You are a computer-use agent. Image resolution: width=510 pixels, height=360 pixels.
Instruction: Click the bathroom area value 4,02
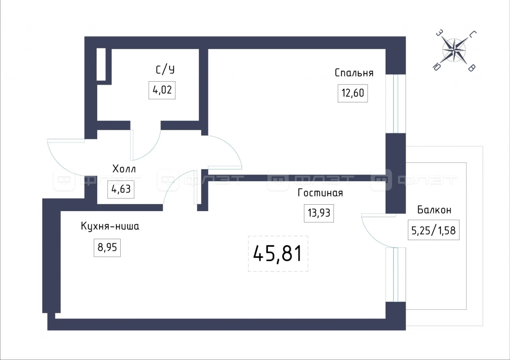[162, 90]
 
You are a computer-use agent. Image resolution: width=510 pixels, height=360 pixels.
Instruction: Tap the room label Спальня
[354, 73]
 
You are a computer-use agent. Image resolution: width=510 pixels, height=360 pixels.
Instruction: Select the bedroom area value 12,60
[353, 93]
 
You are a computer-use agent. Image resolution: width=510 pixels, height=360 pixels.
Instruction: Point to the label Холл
[124, 169]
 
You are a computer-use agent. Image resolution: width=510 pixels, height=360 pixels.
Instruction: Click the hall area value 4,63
[121, 189]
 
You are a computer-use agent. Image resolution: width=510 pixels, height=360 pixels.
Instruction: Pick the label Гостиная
[320, 193]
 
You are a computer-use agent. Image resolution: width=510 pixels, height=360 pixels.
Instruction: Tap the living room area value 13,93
[319, 213]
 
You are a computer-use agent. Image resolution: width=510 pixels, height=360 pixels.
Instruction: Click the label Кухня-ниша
[110, 226]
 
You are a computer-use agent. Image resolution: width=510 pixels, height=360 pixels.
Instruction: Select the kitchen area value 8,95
[107, 247]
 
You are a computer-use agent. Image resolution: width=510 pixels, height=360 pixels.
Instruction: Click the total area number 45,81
[278, 254]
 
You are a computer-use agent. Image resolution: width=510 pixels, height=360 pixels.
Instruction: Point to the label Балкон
[434, 210]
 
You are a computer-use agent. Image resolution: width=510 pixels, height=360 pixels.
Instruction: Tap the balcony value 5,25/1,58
[433, 230]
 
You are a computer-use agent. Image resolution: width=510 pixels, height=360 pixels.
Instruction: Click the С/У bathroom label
[165, 69]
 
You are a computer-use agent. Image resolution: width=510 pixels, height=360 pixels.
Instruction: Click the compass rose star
[454, 50]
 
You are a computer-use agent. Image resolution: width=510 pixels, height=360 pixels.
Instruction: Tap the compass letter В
[471, 68]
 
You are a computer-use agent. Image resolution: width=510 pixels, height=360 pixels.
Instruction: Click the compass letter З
[439, 33]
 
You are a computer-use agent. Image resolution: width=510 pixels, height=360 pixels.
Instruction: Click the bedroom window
[396, 104]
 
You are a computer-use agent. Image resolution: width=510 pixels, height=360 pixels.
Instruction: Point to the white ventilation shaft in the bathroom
[101, 64]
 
